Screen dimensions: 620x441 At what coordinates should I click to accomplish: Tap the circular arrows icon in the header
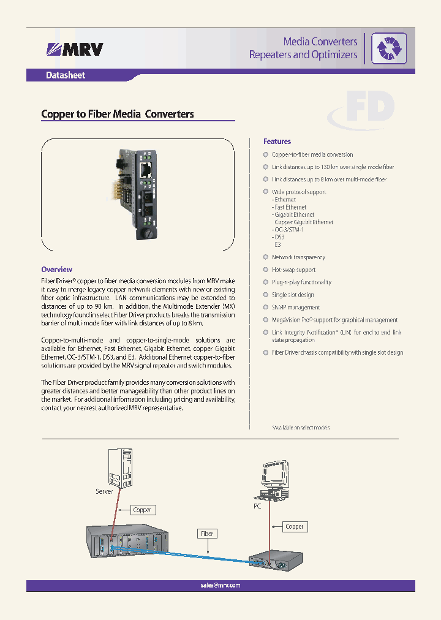(x=386, y=48)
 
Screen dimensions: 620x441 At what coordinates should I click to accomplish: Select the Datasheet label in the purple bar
(x=66, y=75)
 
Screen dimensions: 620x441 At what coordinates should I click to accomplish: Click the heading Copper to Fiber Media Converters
(x=117, y=114)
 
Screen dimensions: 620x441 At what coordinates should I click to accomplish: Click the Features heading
(x=277, y=142)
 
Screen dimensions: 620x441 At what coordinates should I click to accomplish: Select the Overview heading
(x=56, y=270)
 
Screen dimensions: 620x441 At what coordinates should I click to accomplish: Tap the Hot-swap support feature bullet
(x=293, y=270)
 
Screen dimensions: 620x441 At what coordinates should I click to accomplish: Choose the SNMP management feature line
(x=296, y=308)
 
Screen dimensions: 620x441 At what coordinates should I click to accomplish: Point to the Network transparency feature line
(x=298, y=257)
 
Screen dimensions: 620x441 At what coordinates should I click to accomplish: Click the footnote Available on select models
(x=301, y=428)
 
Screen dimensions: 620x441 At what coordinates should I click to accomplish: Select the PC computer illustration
(x=269, y=475)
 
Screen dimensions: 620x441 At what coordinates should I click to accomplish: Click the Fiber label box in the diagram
(x=208, y=534)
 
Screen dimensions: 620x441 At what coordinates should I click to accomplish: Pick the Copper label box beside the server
(x=142, y=510)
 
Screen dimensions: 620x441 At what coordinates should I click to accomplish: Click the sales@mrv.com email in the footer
(x=221, y=585)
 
